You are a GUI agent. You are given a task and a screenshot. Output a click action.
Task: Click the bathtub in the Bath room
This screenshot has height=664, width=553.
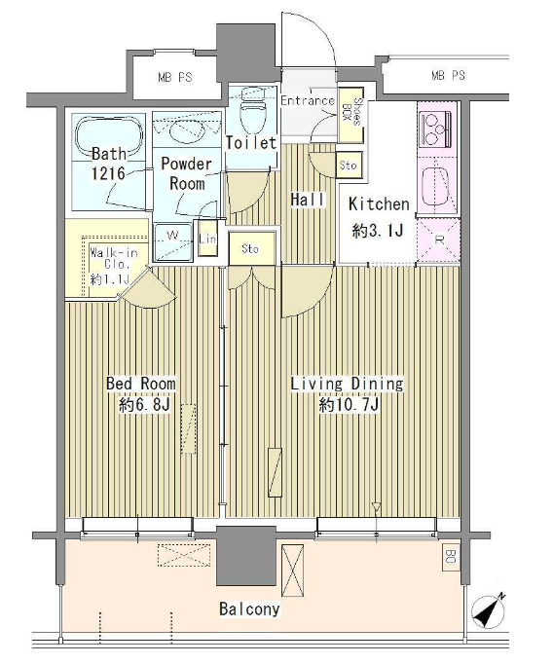pyautogui.click(x=110, y=136)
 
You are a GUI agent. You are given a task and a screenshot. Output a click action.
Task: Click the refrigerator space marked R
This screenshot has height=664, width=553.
pyautogui.click(x=439, y=240)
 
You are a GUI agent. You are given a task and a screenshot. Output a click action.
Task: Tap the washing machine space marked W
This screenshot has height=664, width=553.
pyautogui.click(x=172, y=242)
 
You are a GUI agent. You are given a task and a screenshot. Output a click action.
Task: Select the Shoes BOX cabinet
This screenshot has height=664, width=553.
pyautogui.click(x=351, y=115)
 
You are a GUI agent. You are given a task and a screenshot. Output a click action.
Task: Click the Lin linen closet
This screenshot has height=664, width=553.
pyautogui.click(x=207, y=238)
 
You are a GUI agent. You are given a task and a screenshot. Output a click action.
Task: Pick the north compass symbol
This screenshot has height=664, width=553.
pyautogui.click(x=490, y=610)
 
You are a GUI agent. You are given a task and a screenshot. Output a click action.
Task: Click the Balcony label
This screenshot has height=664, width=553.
pyautogui.click(x=249, y=609)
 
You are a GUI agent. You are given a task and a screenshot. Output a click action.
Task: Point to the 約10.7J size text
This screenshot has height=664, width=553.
pyautogui.click(x=349, y=406)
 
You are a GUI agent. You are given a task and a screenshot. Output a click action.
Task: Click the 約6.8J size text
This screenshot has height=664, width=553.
pyautogui.click(x=144, y=406)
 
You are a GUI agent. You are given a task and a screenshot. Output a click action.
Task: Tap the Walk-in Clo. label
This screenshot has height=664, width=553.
pyautogui.click(x=114, y=265)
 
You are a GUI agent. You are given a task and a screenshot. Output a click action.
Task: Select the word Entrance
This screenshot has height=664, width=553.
pyautogui.click(x=308, y=101)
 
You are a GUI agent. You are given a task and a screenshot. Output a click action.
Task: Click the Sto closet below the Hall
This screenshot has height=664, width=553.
pyautogui.click(x=251, y=248)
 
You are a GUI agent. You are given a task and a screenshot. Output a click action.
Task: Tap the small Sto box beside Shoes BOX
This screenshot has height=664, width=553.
pyautogui.click(x=350, y=165)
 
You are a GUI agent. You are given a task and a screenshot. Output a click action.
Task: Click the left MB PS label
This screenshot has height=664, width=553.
pyautogui.click(x=175, y=78)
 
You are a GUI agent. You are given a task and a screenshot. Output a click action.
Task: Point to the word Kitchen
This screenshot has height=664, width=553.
pyautogui.click(x=379, y=204)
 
